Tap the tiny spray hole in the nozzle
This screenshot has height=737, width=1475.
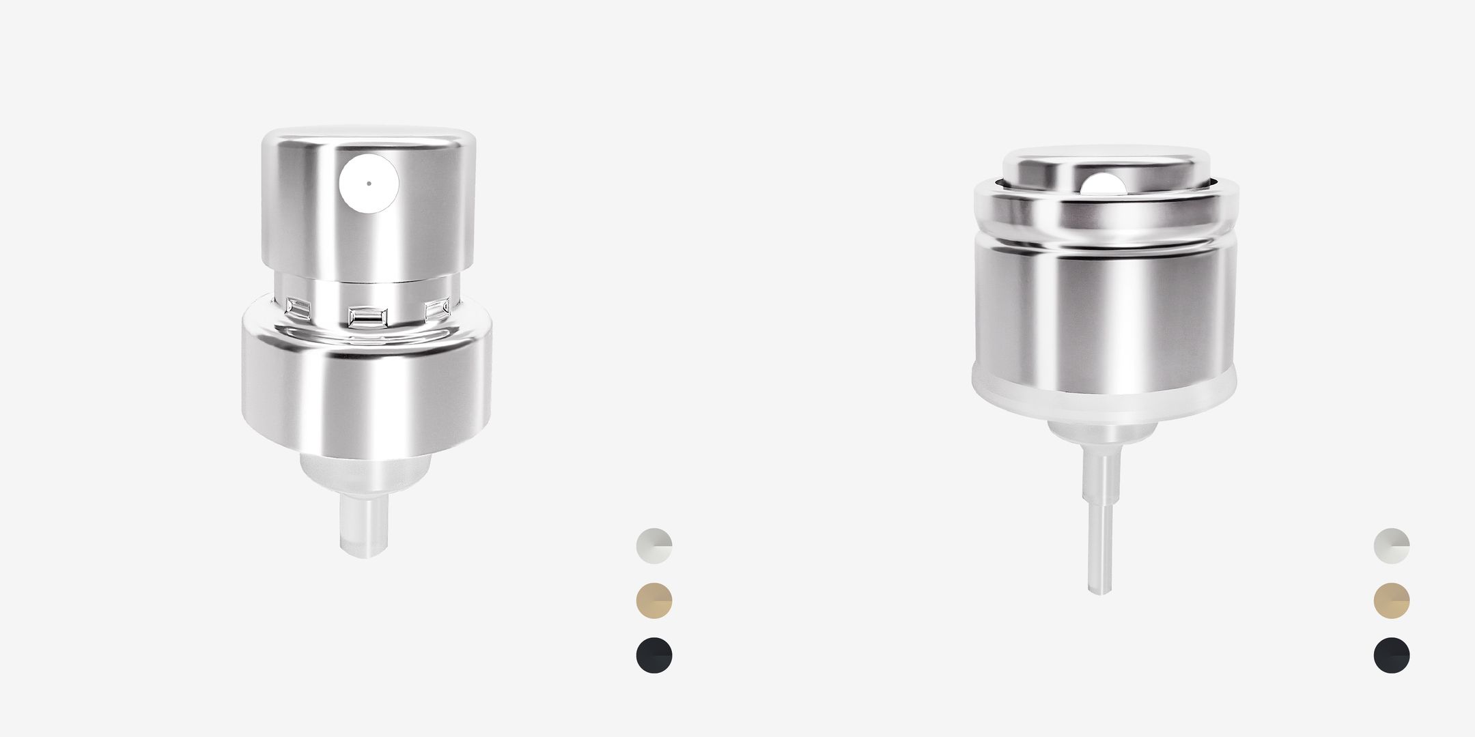pos(369,183)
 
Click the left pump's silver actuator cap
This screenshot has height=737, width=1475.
pos(423,218)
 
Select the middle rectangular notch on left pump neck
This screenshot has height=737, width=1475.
pos(367,317)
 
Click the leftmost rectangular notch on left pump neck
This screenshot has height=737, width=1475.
pos(298,308)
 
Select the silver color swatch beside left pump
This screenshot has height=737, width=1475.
pos(654,545)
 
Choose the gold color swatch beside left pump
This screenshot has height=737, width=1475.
pos(654,601)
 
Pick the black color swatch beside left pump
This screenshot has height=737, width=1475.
pos(654,655)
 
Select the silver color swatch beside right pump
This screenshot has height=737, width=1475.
pos(1392,545)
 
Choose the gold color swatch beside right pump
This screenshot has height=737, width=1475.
pos(1392,601)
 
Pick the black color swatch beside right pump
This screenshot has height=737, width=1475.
pos(1392,655)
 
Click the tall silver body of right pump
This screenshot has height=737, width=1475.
pos(1104,314)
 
